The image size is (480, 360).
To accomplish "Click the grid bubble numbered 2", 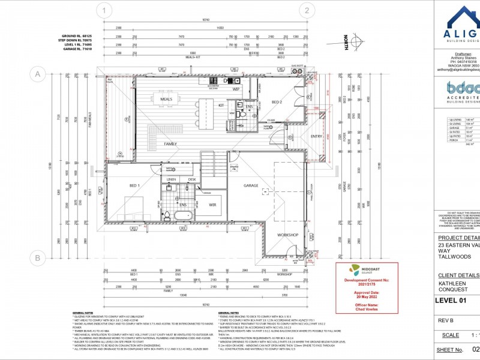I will [307, 10].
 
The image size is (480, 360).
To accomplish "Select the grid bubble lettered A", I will [38, 74].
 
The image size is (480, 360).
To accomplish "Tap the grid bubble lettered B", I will [38, 259].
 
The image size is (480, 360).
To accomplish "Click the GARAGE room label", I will [251, 185].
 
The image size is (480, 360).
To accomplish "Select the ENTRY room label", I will [316, 137].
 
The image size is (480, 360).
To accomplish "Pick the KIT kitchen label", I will [221, 106].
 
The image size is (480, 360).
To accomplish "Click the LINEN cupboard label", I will [171, 179].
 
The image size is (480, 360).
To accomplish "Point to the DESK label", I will [191, 179].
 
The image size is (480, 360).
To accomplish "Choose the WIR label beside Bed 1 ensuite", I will [212, 205].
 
